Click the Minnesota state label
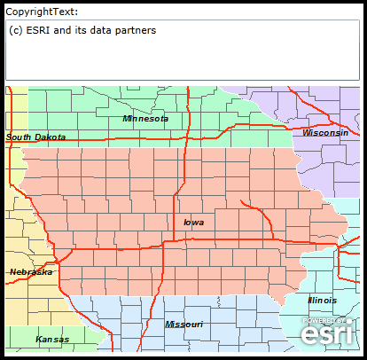(145, 118)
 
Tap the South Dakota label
(35, 137)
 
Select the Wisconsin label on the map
(324, 132)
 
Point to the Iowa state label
(193, 223)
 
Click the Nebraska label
(30, 272)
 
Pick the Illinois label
(322, 301)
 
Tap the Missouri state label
(183, 325)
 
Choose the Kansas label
(51, 340)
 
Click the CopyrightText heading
(42, 12)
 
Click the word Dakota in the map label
(51, 137)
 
